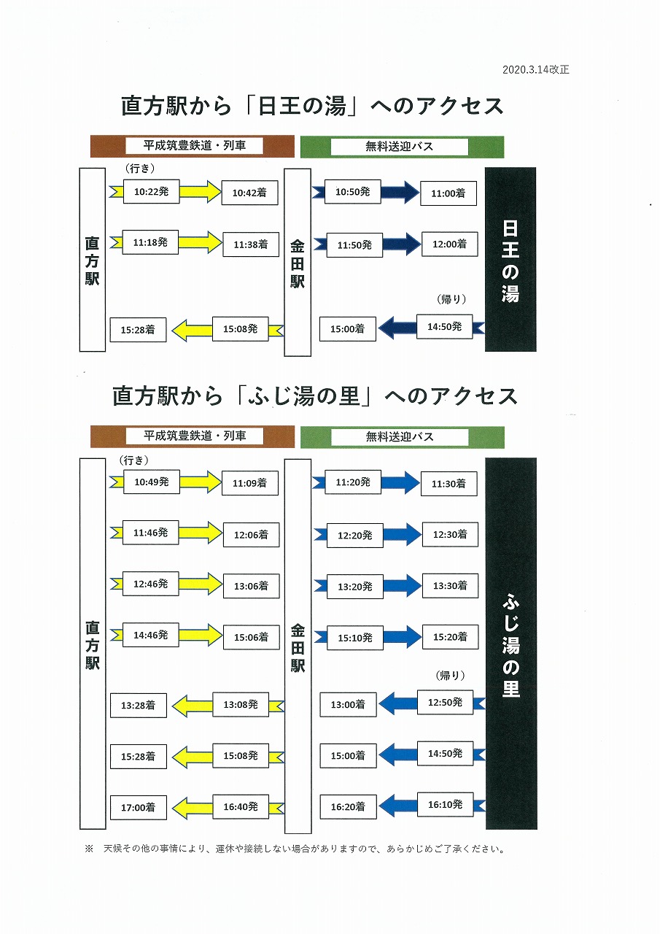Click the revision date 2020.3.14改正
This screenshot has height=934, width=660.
point(535,69)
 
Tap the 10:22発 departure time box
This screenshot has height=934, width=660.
point(151,191)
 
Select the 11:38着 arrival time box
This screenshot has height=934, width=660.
point(251,244)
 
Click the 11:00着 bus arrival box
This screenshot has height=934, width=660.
point(449,193)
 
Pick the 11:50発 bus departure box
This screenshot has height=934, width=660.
point(354,245)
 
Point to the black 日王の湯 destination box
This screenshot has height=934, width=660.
point(510,259)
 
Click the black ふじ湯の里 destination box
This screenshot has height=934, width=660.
point(511,644)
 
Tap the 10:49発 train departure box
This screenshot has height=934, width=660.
point(152,482)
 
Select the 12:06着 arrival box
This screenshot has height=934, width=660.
point(252,535)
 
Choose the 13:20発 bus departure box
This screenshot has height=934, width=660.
point(355,587)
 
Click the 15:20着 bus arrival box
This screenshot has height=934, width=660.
point(450,637)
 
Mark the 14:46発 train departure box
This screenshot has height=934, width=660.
point(151,635)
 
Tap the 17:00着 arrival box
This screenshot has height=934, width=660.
point(139,808)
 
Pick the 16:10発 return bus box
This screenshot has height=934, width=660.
point(446,804)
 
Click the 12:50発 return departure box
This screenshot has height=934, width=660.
point(446,702)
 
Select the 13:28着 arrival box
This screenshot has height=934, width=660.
point(139,706)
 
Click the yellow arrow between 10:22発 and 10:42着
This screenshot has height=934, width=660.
point(201,191)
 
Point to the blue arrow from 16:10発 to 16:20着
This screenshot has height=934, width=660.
point(398,806)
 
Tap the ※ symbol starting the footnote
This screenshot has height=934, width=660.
point(89,849)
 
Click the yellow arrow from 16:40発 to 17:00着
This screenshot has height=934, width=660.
point(192,808)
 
